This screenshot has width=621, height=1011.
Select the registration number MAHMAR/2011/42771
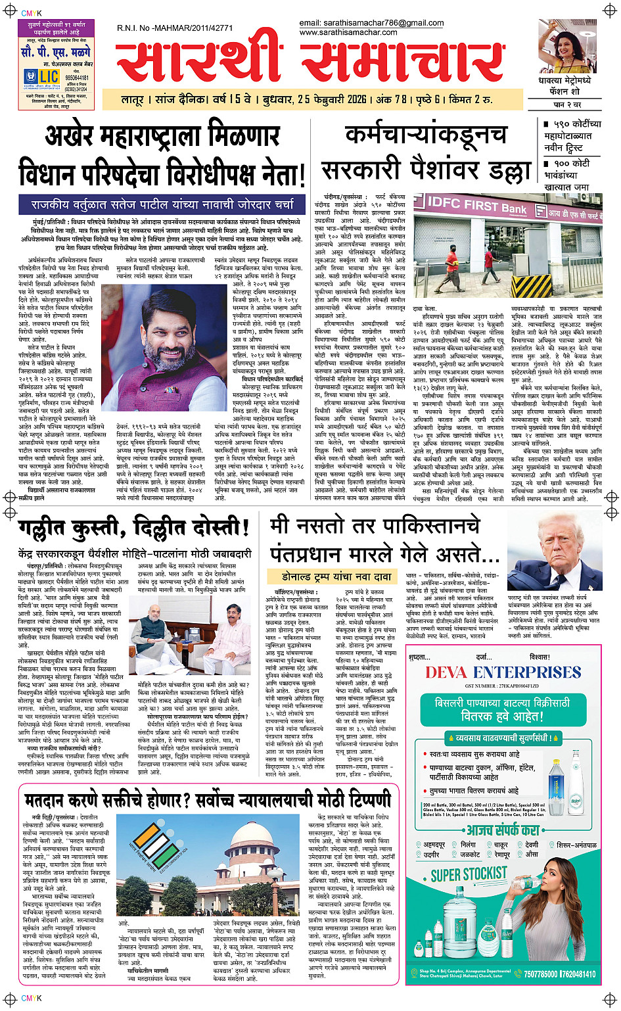click(175, 28)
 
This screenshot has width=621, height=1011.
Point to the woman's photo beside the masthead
click(569, 48)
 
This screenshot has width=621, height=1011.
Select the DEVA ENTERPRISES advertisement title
click(503, 672)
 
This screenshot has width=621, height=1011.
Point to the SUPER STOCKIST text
click(469, 874)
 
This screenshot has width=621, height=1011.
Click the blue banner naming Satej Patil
click(162, 204)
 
